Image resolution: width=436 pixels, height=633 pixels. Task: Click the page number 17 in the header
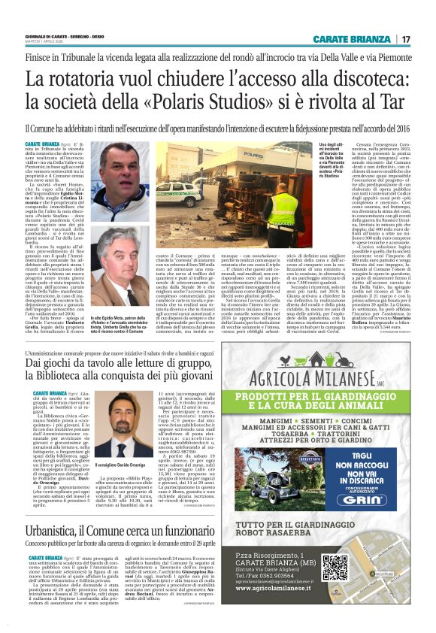[406, 39]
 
